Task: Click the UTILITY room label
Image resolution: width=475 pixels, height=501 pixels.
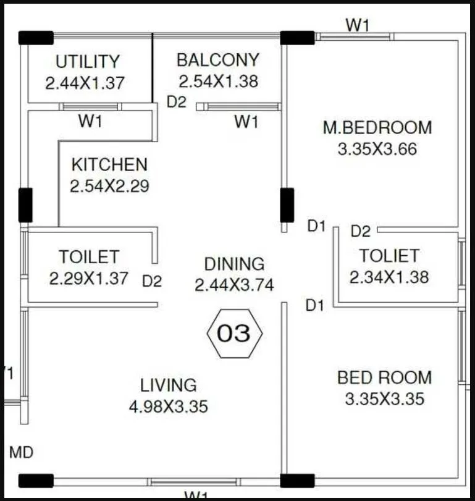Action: click(x=87, y=62)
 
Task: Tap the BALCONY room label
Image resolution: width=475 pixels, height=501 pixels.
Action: click(x=217, y=60)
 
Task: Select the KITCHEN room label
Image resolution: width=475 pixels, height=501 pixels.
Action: click(x=109, y=165)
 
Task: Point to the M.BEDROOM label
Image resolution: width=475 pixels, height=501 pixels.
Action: click(x=377, y=128)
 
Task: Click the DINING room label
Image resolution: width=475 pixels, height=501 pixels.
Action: click(x=234, y=264)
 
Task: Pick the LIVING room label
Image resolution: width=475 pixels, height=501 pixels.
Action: click(x=168, y=385)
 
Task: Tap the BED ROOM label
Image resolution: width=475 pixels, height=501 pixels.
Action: click(x=384, y=377)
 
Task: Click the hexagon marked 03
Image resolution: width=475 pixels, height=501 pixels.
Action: click(x=234, y=334)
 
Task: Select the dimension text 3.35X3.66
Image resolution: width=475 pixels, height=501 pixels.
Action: click(x=377, y=149)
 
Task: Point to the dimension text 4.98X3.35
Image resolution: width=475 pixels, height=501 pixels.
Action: click(x=168, y=406)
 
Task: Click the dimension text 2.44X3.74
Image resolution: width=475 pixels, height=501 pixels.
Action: click(x=234, y=285)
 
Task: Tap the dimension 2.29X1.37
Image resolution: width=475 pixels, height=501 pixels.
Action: click(x=89, y=278)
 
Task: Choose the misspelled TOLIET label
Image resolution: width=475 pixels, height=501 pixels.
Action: click(x=389, y=255)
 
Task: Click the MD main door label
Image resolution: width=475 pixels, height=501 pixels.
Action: click(x=21, y=452)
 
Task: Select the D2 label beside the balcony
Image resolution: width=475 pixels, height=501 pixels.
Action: click(x=177, y=102)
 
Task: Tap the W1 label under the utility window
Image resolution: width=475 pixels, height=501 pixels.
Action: click(x=90, y=122)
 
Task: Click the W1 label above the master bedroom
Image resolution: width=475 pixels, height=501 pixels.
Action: click(x=357, y=25)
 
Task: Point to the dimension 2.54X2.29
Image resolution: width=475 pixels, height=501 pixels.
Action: click(x=109, y=186)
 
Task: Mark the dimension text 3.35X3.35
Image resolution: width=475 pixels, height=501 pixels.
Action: click(x=384, y=398)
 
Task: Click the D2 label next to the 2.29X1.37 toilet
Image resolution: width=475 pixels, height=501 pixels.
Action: click(x=152, y=281)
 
